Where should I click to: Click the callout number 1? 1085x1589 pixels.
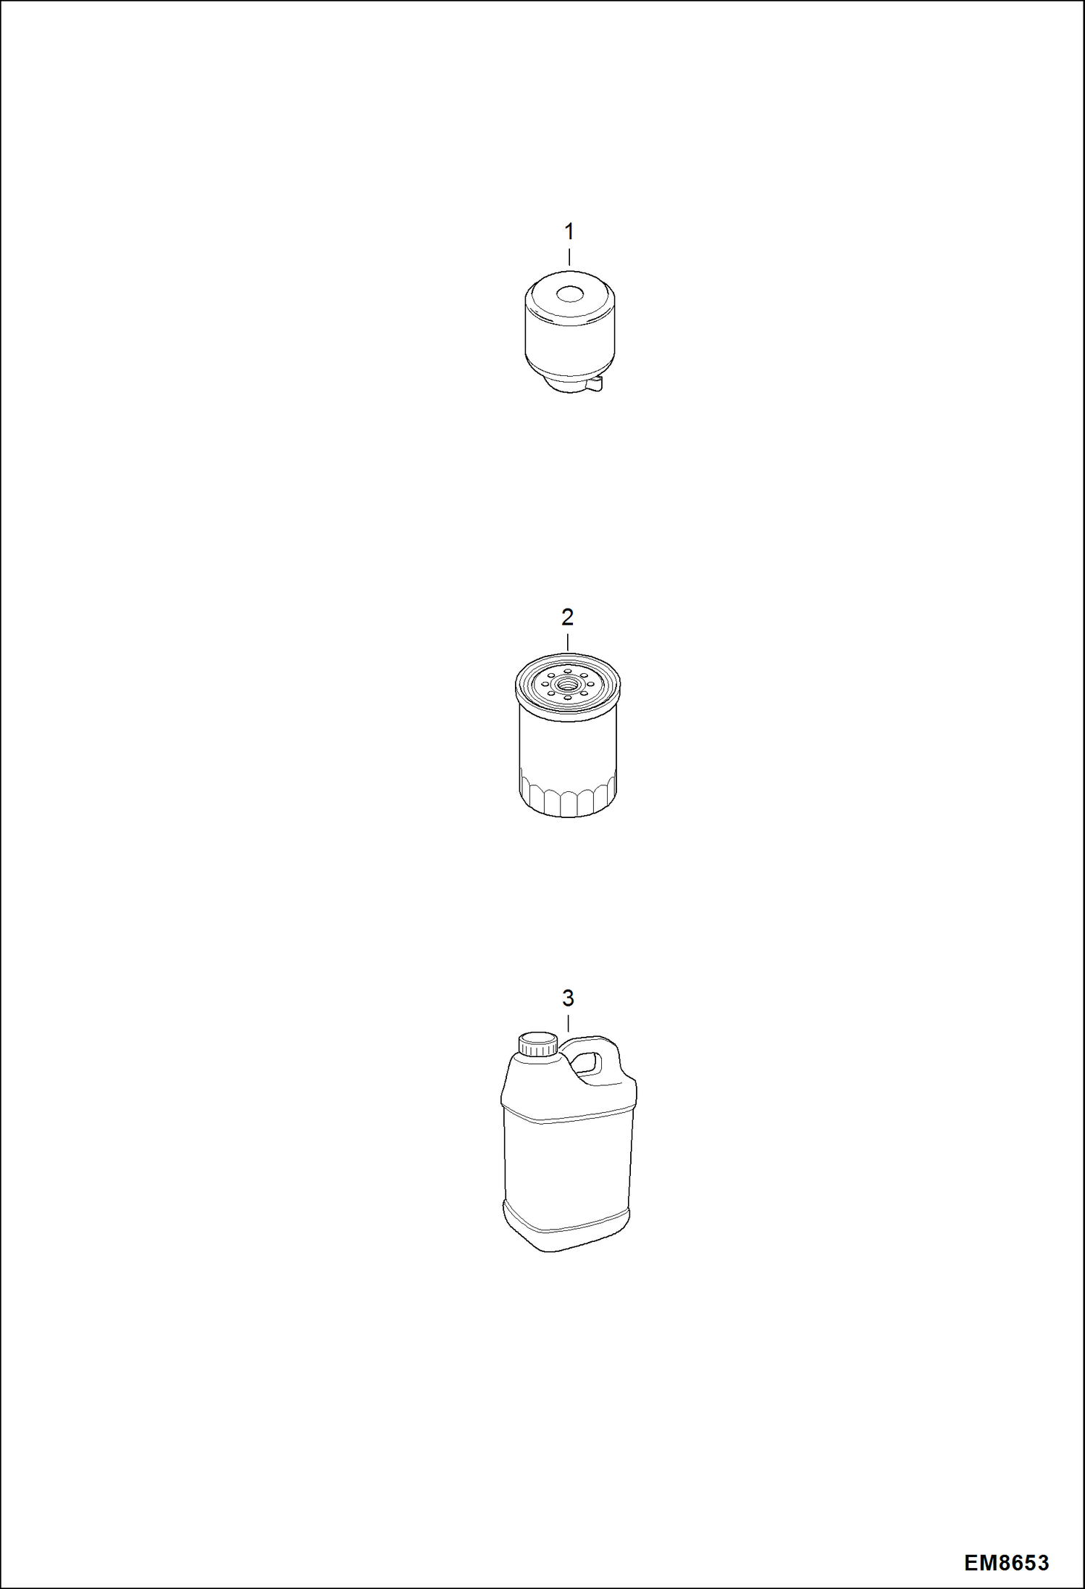[x=569, y=232]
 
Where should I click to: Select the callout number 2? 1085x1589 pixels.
[x=567, y=617]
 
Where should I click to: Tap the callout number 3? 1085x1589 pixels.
[x=568, y=998]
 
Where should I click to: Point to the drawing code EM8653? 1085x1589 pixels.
[x=1006, y=1563]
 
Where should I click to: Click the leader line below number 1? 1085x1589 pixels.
[x=569, y=257]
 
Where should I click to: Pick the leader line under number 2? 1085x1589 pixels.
[x=568, y=642]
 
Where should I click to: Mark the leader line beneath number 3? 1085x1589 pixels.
[x=568, y=1024]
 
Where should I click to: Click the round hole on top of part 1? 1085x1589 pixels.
[x=569, y=295]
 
